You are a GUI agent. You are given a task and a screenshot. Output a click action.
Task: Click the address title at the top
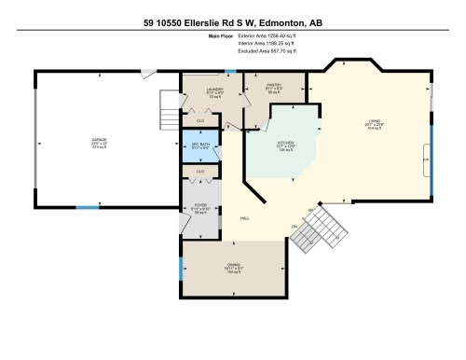[233, 21]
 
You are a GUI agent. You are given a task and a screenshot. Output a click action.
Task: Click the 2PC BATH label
[200, 145]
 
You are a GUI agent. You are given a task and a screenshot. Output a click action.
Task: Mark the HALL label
[244, 218]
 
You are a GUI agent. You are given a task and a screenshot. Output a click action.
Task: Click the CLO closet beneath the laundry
[200, 120]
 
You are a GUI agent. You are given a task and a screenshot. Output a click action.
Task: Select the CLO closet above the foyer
[200, 173]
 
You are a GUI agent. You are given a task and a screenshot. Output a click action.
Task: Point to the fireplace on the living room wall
[429, 159]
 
